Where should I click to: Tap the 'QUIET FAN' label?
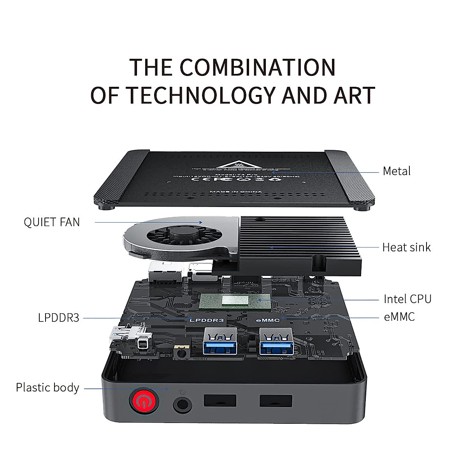[52, 222]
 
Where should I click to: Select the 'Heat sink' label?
[406, 247]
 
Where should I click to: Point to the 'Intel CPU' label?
[407, 299]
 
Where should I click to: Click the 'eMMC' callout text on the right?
[399, 317]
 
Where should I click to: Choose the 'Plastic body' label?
[47, 388]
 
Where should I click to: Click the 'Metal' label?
[397, 171]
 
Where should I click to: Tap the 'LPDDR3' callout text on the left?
[59, 318]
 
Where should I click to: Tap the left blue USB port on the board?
[220, 341]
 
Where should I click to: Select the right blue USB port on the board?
[276, 341]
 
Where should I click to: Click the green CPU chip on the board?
[235, 301]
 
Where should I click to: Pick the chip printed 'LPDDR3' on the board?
[207, 320]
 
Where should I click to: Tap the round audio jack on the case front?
[182, 405]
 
